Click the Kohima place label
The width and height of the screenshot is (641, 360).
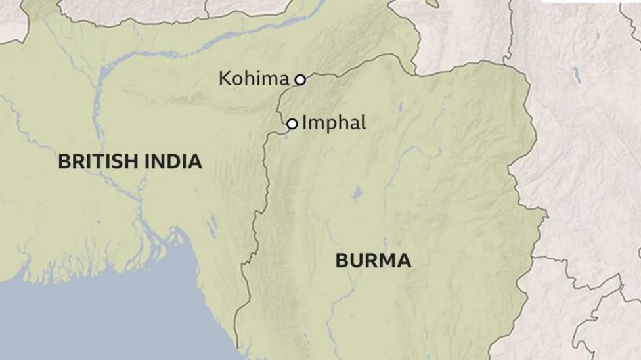(254, 79)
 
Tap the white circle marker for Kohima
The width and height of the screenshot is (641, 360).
(300, 79)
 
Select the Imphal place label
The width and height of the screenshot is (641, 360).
(334, 123)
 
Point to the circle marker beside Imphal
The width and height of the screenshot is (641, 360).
(292, 124)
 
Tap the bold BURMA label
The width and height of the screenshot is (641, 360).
(373, 261)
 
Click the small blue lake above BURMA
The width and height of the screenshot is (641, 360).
(357, 194)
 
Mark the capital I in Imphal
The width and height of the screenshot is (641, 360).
(305, 123)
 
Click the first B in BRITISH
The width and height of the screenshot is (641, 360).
(64, 161)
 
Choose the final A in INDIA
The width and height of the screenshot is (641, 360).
(195, 161)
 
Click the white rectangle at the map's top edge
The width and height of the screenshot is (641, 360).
(590, 1)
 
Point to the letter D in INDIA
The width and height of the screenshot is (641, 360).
(172, 161)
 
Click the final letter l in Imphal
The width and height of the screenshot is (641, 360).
(363, 123)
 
